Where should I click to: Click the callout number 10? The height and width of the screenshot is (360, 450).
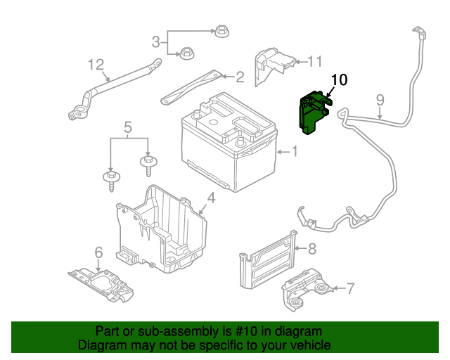[x=339, y=80]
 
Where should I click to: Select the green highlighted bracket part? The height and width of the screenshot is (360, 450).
[x=310, y=114]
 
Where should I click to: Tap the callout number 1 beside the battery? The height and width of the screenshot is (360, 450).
[x=295, y=150]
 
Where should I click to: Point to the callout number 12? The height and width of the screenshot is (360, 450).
[x=96, y=65]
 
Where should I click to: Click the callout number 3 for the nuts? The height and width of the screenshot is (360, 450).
[x=156, y=41]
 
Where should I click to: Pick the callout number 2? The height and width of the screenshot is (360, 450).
[x=240, y=77]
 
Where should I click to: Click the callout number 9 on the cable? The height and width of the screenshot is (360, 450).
[x=380, y=101]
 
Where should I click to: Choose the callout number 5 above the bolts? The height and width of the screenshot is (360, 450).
[x=128, y=128]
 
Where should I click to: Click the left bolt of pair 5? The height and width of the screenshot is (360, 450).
[x=111, y=179]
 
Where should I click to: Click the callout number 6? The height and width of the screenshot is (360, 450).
[x=98, y=252]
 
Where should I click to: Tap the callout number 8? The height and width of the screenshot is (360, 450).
[x=312, y=248]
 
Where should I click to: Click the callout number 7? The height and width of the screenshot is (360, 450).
[x=351, y=288]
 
